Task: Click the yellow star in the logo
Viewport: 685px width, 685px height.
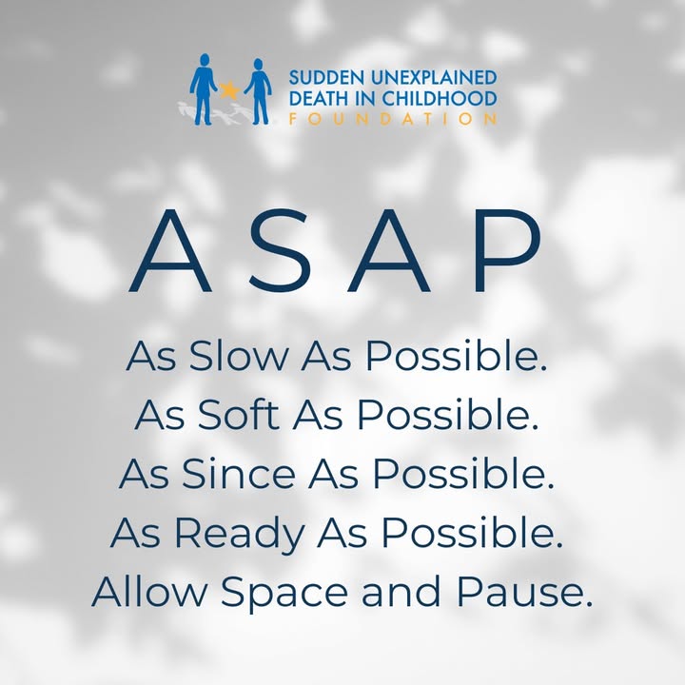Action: pyautogui.click(x=229, y=90)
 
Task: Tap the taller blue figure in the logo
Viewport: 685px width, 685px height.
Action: pyautogui.click(x=203, y=89)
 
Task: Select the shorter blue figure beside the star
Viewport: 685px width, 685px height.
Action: pyautogui.click(x=258, y=91)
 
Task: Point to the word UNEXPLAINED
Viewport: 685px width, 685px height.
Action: pyautogui.click(x=434, y=77)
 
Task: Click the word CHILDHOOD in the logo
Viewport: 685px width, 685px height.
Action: pyautogui.click(x=440, y=98)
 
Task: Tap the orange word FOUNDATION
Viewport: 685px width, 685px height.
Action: pyautogui.click(x=393, y=119)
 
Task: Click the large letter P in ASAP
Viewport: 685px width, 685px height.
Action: pyautogui.click(x=509, y=250)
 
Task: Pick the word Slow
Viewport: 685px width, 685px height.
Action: pyautogui.click(x=238, y=355)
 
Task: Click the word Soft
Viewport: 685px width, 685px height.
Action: pyautogui.click(x=238, y=414)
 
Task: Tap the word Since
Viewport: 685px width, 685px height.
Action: pyautogui.click(x=238, y=473)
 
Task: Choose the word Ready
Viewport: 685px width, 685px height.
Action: pyautogui.click(x=240, y=534)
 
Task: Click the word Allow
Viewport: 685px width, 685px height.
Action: pyautogui.click(x=149, y=591)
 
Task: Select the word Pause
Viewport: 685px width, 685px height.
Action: pyautogui.click(x=524, y=592)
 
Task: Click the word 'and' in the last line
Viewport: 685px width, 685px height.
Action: pyautogui.click(x=401, y=591)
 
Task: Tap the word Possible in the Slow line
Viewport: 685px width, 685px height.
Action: pyautogui.click(x=456, y=355)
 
